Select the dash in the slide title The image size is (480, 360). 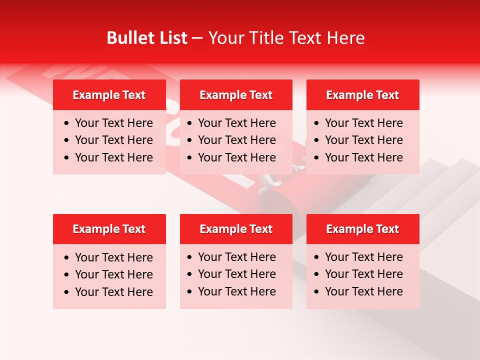197,38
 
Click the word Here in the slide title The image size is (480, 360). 345,38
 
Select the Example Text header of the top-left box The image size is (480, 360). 109,95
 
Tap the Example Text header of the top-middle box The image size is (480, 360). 236,95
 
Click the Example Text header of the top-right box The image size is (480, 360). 362,95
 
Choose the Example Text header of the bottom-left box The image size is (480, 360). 109,229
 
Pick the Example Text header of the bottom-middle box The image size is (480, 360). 236,229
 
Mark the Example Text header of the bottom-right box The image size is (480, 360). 362,229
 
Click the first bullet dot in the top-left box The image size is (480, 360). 67,123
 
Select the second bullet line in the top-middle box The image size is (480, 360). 236,140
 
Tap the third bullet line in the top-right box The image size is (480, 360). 363,157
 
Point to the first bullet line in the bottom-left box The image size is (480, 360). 113,257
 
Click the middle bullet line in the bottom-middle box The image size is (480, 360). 236,274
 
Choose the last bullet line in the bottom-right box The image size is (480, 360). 363,291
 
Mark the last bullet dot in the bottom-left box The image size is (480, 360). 67,292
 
